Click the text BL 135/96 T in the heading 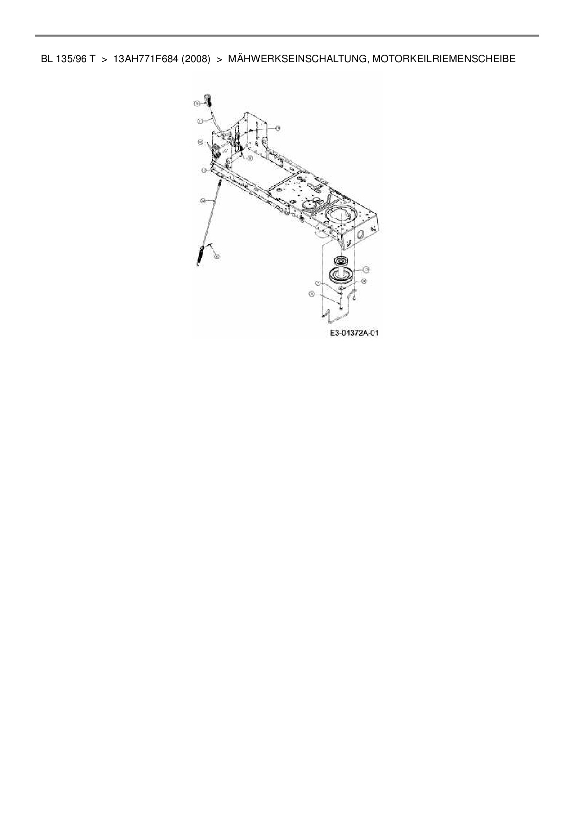[x=68, y=59]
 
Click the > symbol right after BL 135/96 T [x=104, y=59]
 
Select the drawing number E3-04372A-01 [x=354, y=333]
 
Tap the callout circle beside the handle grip [x=197, y=104]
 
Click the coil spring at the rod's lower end [x=201, y=255]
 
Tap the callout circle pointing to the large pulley [x=366, y=269]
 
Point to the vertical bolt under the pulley [x=341, y=302]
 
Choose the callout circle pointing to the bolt [x=312, y=293]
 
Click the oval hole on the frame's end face [x=360, y=235]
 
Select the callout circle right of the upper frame [x=278, y=128]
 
